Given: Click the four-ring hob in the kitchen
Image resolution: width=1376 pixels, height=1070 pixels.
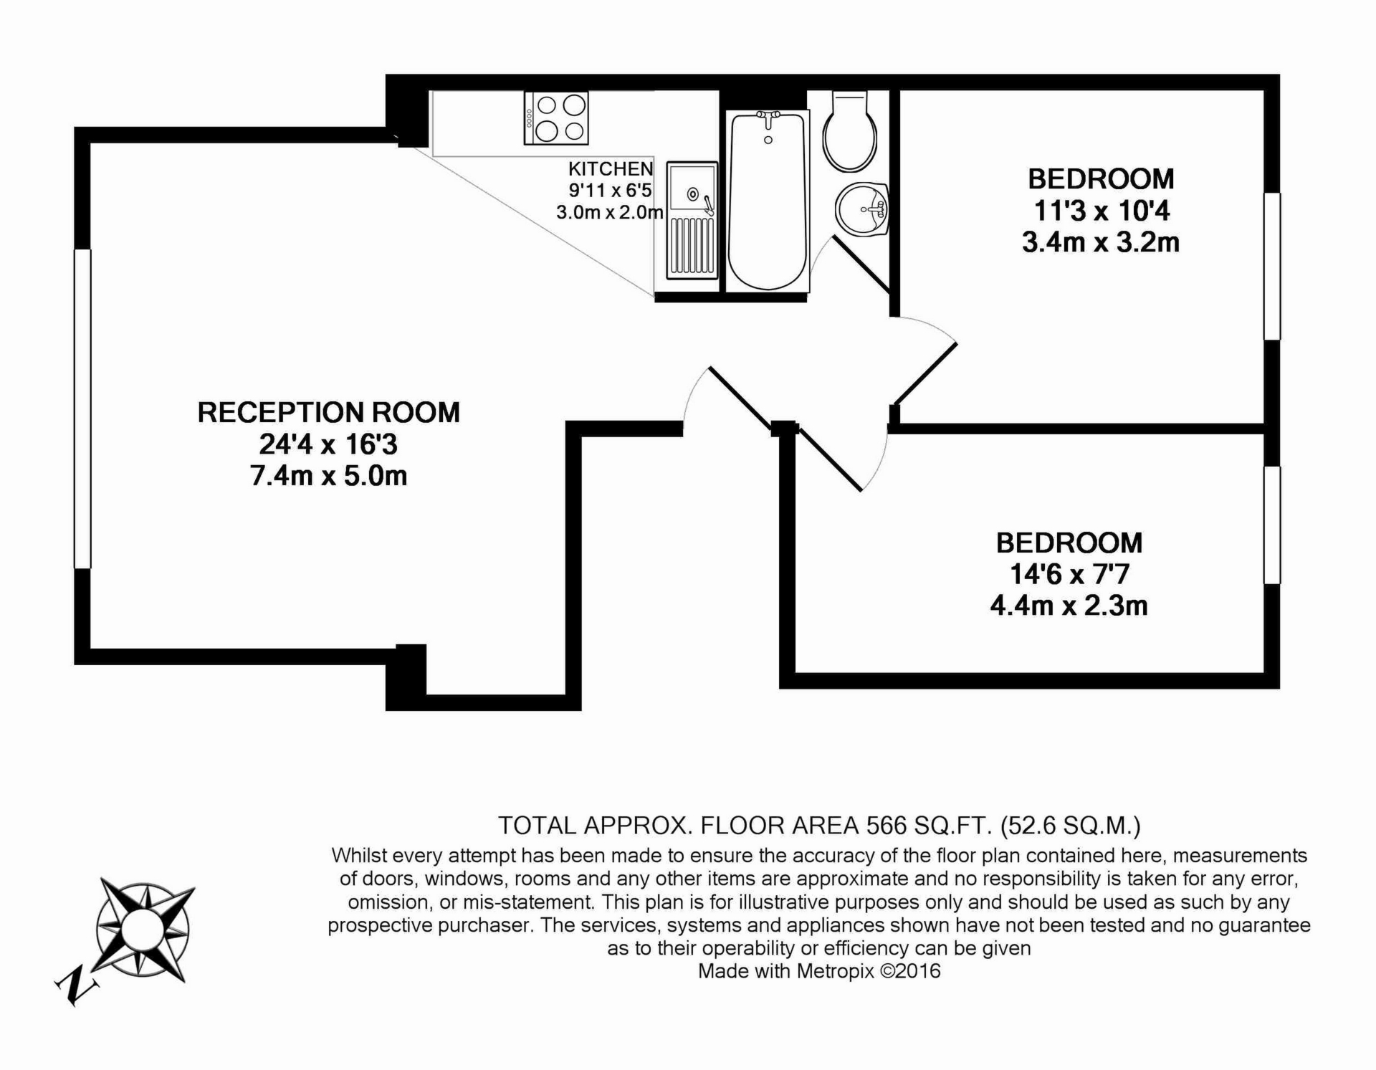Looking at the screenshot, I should [556, 118].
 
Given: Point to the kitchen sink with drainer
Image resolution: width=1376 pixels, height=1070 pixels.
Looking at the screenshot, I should [692, 220].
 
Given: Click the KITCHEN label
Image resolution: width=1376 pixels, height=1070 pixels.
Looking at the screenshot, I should [611, 169].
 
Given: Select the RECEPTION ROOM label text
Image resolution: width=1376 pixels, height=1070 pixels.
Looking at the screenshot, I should [328, 413].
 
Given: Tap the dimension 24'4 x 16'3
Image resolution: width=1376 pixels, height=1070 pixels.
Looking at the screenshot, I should [328, 444].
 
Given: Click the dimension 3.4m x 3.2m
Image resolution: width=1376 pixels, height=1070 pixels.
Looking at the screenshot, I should [1100, 242].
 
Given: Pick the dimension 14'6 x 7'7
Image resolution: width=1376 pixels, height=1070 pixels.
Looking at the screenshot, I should [1069, 574].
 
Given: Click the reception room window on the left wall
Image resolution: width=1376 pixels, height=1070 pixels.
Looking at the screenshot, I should [83, 409].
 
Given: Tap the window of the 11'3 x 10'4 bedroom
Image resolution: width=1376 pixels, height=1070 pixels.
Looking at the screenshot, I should [1271, 266].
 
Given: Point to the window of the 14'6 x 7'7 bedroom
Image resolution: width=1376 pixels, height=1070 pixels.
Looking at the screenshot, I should [1271, 525].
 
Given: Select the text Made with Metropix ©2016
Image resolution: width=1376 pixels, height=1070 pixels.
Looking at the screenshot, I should [819, 971].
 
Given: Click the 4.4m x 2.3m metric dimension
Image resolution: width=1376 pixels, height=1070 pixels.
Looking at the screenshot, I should [1069, 606].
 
